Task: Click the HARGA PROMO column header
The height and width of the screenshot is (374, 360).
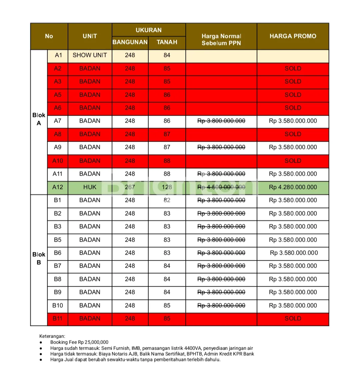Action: [293, 36]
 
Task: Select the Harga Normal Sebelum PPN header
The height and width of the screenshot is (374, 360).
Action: [221, 39]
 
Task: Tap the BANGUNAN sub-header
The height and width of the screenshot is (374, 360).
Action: [130, 42]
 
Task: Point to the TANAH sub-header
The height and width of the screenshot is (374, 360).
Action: [167, 42]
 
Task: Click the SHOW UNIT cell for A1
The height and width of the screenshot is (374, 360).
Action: [90, 55]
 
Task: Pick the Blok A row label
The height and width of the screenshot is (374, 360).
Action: [39, 119]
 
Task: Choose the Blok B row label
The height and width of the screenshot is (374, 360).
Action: [39, 258]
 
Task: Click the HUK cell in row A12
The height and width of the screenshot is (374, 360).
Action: [90, 187]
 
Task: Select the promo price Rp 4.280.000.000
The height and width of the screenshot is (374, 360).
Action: [293, 187]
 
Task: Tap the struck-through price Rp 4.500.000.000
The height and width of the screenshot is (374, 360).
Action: [221, 187]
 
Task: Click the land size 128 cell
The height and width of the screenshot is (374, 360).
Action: [167, 187]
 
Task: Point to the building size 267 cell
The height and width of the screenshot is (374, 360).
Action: [130, 187]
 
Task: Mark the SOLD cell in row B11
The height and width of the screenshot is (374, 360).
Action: [293, 318]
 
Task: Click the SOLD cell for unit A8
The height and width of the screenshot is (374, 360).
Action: [293, 134]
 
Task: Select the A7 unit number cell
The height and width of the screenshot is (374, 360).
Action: [58, 121]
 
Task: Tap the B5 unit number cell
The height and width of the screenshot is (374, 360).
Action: [58, 240]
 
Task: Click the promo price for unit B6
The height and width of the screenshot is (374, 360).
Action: [294, 253]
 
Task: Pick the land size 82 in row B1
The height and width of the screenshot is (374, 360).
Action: [167, 200]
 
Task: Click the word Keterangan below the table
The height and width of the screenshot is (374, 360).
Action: [52, 336]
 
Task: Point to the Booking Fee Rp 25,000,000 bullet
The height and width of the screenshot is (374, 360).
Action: [79, 342]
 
